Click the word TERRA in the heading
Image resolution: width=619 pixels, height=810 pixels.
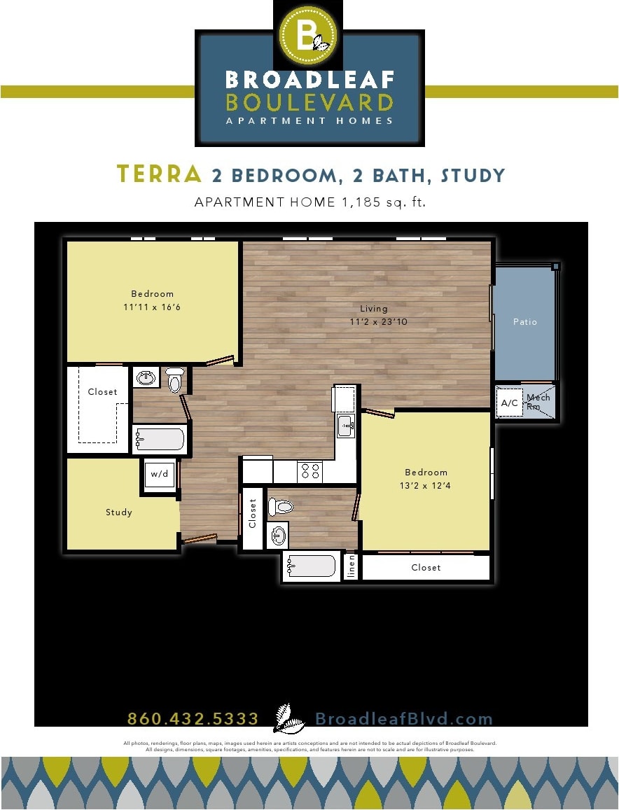[x=159, y=174]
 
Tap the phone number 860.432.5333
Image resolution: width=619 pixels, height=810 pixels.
[x=193, y=719]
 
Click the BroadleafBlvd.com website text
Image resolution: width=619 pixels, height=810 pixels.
[x=404, y=719]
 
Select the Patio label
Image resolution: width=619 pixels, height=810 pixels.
[x=525, y=322]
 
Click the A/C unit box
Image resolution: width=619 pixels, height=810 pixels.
[x=510, y=403]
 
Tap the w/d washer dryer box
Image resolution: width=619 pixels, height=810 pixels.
[x=159, y=475]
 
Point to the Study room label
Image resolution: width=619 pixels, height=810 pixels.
[x=119, y=512]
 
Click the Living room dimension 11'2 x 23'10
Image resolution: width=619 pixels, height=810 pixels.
[x=379, y=322]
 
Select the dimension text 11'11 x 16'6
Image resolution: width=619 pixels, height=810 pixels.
[x=152, y=307]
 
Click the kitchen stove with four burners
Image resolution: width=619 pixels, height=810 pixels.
[x=309, y=471]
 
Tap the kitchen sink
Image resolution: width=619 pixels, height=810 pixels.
[x=346, y=424]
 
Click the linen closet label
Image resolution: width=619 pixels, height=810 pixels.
[x=352, y=566]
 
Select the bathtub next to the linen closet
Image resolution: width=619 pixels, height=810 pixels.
[x=311, y=566]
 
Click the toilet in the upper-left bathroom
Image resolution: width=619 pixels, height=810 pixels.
[x=174, y=379]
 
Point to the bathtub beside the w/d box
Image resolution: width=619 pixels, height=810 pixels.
[x=160, y=440]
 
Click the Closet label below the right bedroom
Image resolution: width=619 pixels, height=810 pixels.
[x=426, y=568]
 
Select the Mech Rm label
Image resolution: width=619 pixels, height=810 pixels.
[x=539, y=402]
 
